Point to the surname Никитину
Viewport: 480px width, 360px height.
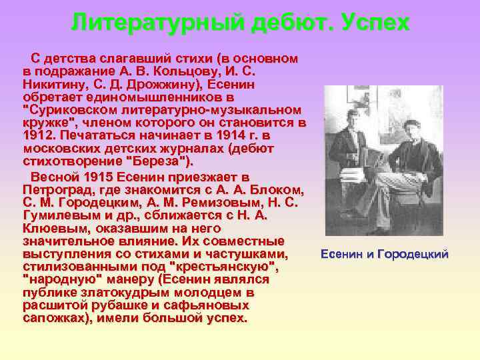tap(53, 84)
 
